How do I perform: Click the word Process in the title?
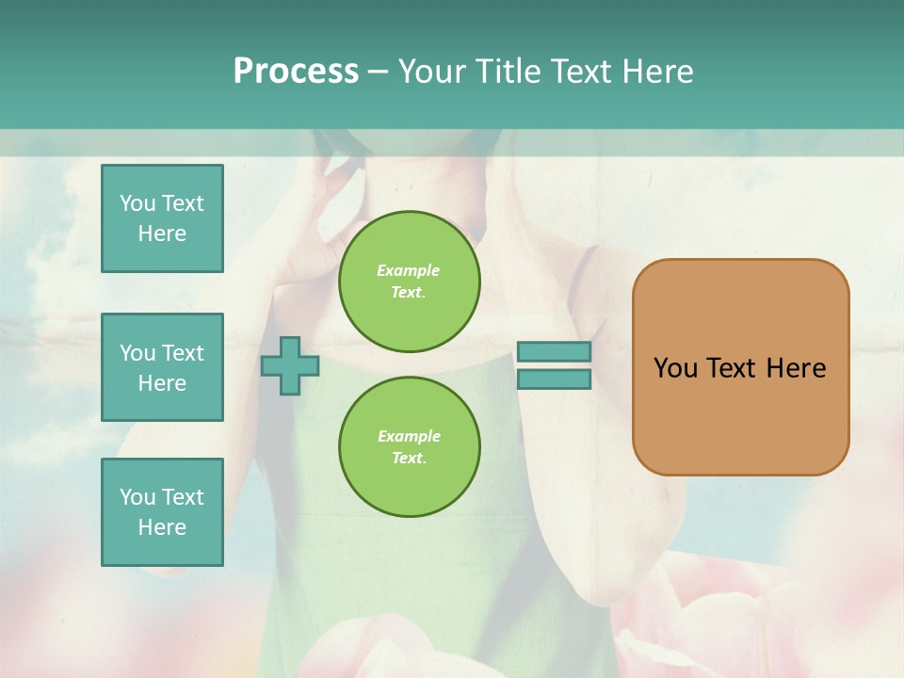(x=296, y=71)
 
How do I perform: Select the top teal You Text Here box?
(x=162, y=218)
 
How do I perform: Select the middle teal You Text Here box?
(x=162, y=367)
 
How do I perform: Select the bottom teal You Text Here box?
(x=162, y=512)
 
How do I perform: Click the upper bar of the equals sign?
(x=554, y=352)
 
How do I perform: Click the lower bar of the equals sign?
(x=554, y=379)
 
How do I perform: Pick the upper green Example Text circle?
(x=409, y=282)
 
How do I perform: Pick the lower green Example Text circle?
(x=409, y=446)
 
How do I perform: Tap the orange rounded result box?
(x=740, y=414)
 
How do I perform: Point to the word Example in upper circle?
(x=408, y=270)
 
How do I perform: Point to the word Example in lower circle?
(x=409, y=436)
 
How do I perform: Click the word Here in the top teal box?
(x=162, y=234)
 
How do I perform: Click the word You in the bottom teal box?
(x=137, y=497)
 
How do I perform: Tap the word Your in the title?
(x=428, y=71)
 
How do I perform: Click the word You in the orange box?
(x=675, y=368)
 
